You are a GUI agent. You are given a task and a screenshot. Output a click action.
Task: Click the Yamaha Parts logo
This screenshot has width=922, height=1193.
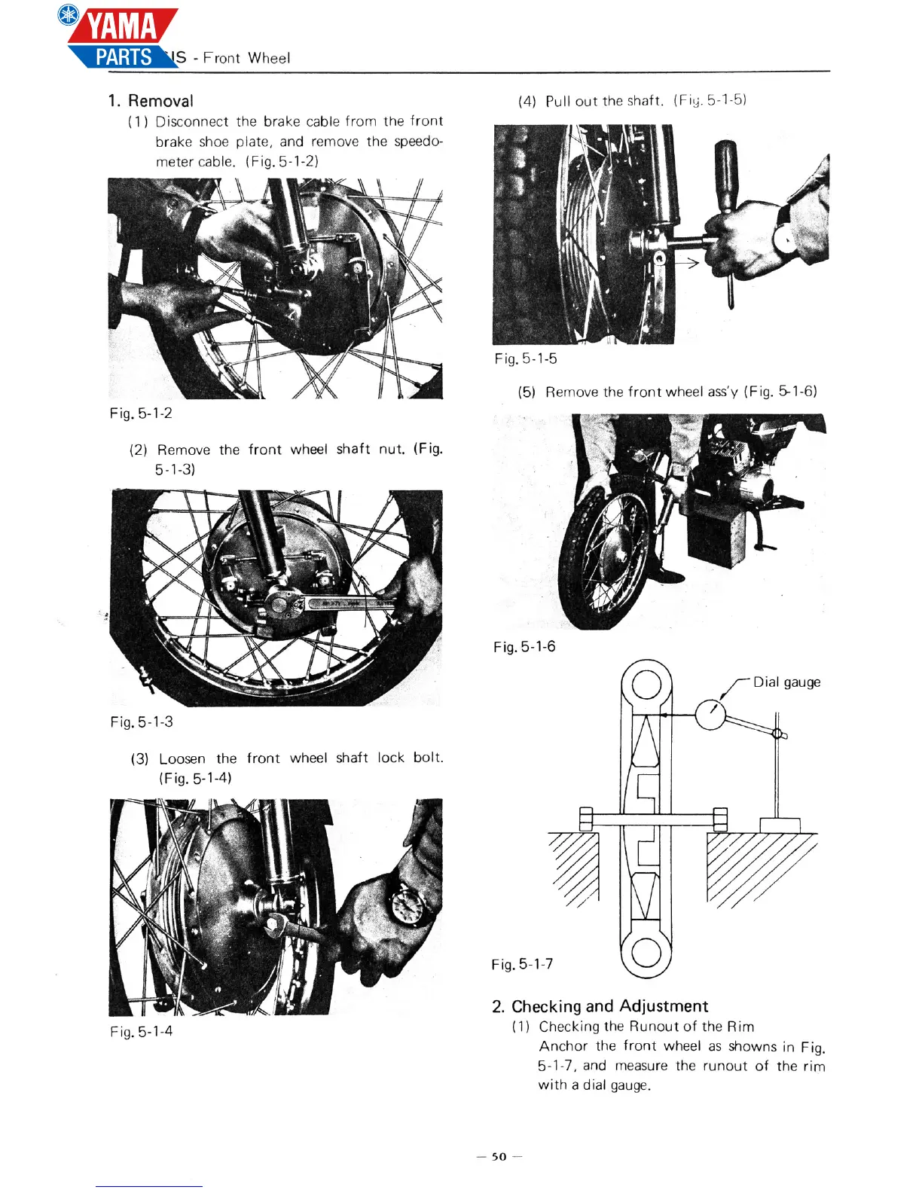[x=121, y=38]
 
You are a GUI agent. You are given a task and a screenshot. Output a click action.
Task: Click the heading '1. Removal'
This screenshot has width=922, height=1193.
[x=151, y=101]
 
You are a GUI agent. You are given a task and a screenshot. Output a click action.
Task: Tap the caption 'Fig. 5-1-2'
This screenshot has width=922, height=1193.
[x=141, y=413]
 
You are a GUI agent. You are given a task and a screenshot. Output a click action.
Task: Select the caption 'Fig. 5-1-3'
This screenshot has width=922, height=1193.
[x=142, y=722]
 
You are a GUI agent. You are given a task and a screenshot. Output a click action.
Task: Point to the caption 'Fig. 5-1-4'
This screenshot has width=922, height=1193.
[x=142, y=1031]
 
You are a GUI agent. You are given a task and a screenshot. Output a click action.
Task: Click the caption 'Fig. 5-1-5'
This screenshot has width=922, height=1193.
[x=526, y=359]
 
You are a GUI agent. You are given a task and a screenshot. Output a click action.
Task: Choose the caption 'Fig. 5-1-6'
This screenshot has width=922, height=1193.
[x=525, y=646]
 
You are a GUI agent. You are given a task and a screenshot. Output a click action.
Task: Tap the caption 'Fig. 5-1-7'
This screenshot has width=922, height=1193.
[x=522, y=964]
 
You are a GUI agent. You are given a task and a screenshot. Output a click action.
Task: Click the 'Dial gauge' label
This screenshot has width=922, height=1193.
[x=786, y=682]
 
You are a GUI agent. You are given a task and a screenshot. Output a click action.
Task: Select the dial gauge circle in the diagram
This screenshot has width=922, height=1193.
[x=710, y=715]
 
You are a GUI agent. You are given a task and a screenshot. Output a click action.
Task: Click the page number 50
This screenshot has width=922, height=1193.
[x=499, y=1156]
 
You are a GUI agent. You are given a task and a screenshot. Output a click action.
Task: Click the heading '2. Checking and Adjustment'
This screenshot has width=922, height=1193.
[x=600, y=1006]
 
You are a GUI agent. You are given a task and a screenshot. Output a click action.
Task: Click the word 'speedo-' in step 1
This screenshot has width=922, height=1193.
[x=418, y=142]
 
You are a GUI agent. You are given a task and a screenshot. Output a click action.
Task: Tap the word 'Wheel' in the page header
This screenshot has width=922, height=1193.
[x=269, y=58]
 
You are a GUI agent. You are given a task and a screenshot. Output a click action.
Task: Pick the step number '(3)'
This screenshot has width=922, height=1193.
[x=140, y=758]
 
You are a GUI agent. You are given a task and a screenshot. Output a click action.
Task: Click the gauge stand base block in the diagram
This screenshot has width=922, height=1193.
[x=780, y=825]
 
